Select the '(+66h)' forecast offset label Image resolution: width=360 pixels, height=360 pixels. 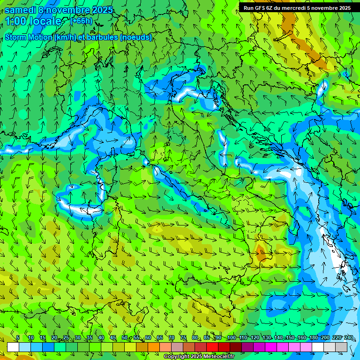coord(81,21)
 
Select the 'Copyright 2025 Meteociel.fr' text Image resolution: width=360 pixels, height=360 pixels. coord(199,357)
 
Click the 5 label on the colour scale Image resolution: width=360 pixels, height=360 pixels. coord(18,338)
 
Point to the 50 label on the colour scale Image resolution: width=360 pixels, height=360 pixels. coord(125,338)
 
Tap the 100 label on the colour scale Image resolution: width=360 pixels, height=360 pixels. coord(231,338)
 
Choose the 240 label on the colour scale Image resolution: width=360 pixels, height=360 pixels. coord(348,338)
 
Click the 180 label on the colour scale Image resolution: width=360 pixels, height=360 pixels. coord(314,338)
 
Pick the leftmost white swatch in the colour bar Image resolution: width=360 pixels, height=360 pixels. coord(13,347)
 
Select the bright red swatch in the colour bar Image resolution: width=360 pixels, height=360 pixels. coord(212,347)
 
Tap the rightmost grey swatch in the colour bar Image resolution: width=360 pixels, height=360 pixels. coord(341,347)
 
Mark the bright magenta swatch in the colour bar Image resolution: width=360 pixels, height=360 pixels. coord(271,347)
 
